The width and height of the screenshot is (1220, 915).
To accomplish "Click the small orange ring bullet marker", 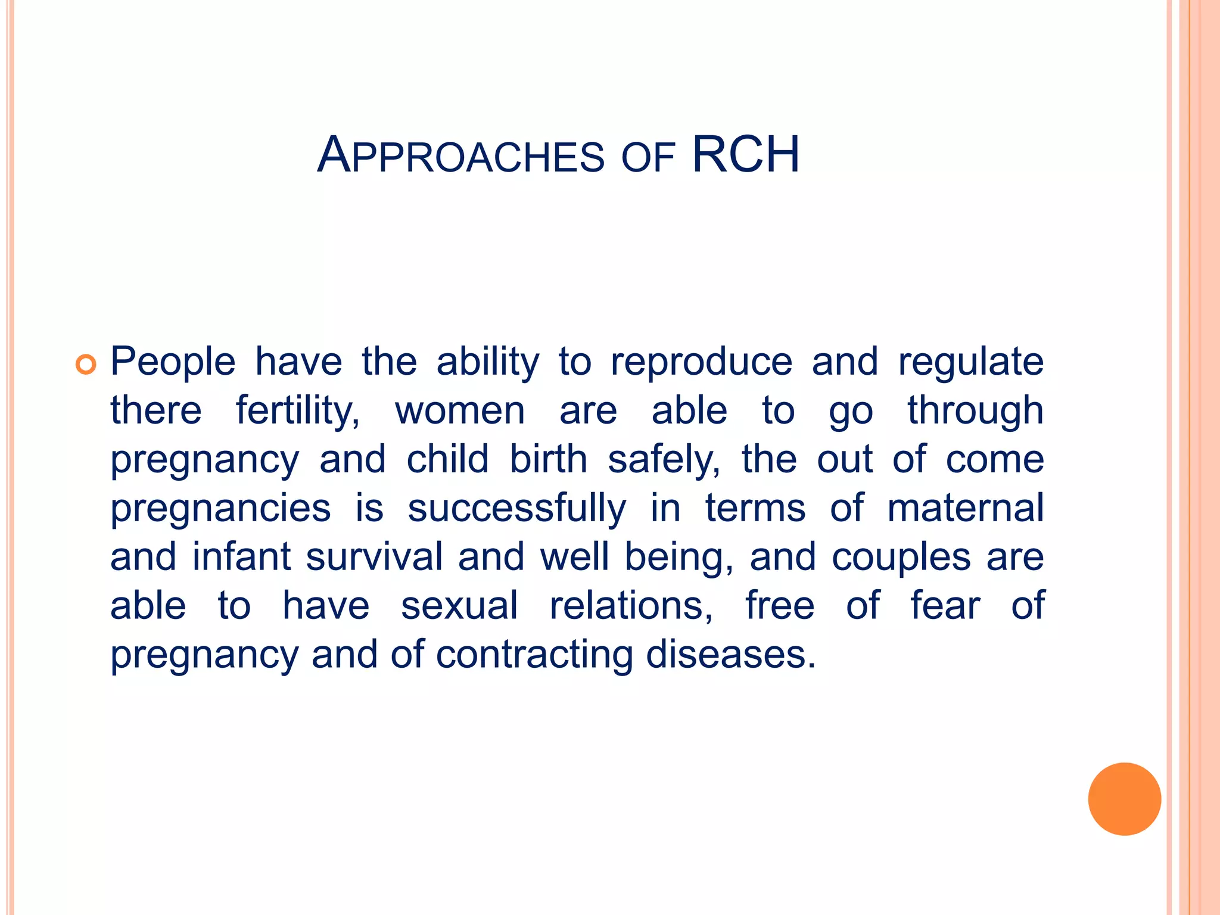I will (86, 364).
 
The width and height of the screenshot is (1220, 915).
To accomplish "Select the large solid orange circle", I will (1124, 799).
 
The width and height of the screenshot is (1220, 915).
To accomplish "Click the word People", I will (173, 362).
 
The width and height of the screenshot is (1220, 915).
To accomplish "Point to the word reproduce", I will (701, 362).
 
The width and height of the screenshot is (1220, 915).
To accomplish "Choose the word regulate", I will (970, 362).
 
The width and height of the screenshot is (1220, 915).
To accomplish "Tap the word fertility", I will (297, 411).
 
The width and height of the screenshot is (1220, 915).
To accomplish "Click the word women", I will (460, 411).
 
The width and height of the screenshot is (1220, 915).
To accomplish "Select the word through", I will (975, 411).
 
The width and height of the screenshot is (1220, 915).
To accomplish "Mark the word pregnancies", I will (220, 509).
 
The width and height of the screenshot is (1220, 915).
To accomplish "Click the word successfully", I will (516, 509).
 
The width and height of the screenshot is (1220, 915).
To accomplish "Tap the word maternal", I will (965, 509).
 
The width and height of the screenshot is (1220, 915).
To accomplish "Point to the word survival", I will (374, 558).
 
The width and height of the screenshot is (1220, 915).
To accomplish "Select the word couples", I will (901, 558).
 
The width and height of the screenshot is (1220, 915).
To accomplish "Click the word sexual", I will (459, 606).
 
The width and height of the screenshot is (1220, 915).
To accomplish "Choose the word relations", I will (631, 606).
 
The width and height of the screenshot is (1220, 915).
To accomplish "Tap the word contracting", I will (534, 655).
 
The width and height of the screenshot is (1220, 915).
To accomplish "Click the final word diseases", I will (730, 655).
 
